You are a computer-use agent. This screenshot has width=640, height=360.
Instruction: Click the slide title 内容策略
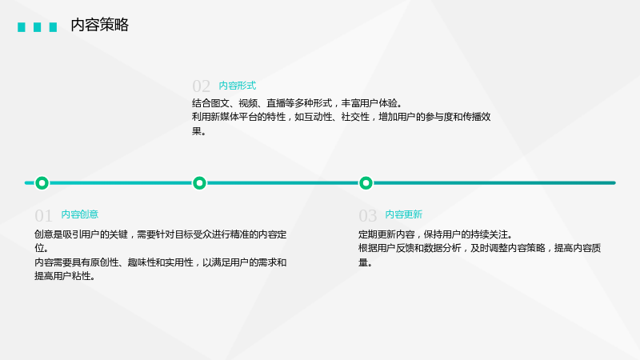click(99, 25)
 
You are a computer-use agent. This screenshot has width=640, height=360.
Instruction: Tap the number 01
click(43, 215)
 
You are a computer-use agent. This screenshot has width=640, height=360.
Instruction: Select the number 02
click(201, 86)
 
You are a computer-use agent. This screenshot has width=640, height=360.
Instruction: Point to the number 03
click(367, 215)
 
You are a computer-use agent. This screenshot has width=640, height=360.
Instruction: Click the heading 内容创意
click(79, 214)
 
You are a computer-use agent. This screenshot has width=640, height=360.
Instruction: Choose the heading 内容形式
click(238, 86)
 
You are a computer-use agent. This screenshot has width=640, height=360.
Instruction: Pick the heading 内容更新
click(404, 214)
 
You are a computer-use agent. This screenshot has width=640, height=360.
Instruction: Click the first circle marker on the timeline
click(42, 183)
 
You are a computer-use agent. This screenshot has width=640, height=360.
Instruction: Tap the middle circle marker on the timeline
click(199, 183)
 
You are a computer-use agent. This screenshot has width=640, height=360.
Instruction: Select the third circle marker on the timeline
click(366, 183)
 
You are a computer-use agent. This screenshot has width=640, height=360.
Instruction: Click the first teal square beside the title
click(22, 27)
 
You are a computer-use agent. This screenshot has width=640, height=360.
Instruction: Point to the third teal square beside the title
click(53, 27)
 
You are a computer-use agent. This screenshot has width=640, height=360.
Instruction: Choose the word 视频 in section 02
click(248, 103)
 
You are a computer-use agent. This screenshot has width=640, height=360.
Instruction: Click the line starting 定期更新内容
click(435, 234)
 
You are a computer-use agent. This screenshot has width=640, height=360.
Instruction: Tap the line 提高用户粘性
click(65, 276)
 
